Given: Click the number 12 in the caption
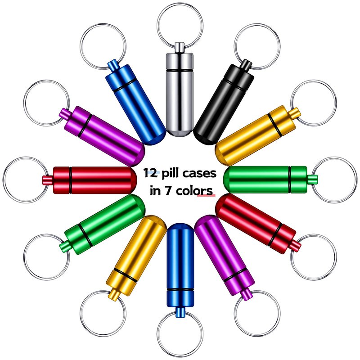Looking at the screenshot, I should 151,173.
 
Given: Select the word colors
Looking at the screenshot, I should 196,189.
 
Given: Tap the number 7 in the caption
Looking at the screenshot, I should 169,189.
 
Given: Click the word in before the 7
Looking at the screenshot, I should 155,189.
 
